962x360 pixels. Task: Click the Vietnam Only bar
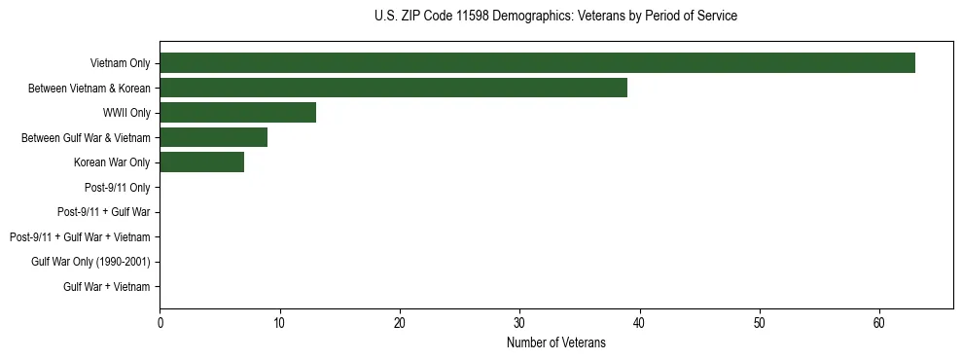point(537,63)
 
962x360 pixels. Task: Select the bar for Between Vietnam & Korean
point(393,89)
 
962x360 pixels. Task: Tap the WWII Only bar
point(237,113)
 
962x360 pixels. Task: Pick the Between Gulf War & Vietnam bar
point(213,138)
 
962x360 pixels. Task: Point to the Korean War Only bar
point(201,162)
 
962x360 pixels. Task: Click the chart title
point(555,17)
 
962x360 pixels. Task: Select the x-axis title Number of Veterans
point(555,342)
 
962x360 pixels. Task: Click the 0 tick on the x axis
point(160,322)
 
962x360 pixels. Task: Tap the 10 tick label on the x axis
point(279,322)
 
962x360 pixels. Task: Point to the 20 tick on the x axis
point(400,322)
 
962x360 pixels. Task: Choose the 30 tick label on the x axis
point(519,322)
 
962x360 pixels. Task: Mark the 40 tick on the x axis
point(640,322)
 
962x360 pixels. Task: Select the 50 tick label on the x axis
point(760,322)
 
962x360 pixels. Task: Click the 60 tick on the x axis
point(879,322)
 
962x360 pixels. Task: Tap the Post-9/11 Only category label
point(118,187)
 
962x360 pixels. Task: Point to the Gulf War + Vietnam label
point(107,287)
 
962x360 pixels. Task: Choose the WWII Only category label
point(126,113)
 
